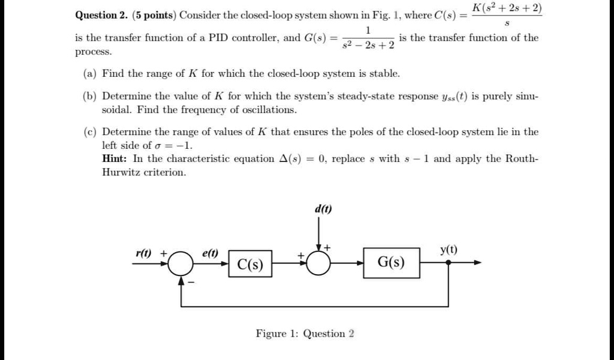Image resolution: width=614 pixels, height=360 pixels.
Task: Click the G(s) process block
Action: click(x=391, y=263)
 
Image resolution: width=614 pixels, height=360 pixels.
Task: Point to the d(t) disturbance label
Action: click(x=323, y=209)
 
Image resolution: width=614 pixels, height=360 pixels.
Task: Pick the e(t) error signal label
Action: click(x=210, y=253)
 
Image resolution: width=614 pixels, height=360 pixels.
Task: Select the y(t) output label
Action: click(x=449, y=250)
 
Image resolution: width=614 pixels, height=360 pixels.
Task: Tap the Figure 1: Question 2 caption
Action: click(x=305, y=334)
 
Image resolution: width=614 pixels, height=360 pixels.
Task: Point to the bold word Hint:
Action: click(x=116, y=158)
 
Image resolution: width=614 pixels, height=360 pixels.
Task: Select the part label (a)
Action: click(x=90, y=74)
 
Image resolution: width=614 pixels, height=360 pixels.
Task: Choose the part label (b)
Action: click(x=90, y=96)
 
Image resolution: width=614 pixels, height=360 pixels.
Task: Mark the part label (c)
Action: click(x=90, y=131)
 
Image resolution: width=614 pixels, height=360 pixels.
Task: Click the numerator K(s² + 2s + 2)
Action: click(x=507, y=8)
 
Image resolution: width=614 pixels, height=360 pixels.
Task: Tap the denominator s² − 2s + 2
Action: click(x=369, y=46)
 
